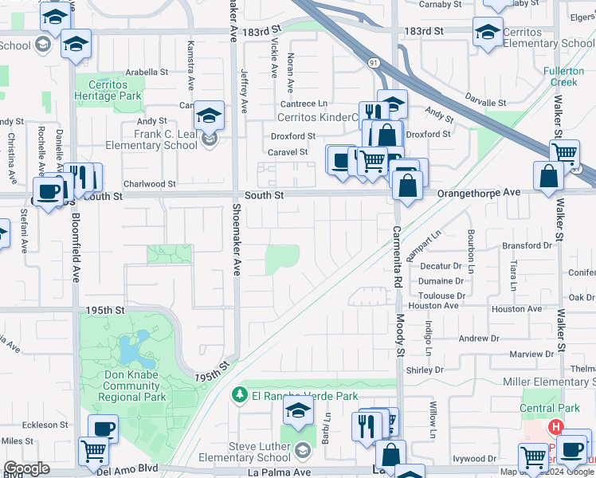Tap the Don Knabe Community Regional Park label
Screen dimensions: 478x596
click(135, 386)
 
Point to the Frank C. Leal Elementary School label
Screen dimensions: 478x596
click(165, 139)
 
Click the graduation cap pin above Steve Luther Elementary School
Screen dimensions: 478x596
click(298, 413)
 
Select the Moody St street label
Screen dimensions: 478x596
click(401, 335)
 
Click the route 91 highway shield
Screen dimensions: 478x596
click(374, 61)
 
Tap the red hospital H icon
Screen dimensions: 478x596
click(555, 428)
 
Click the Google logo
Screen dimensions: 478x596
click(27, 468)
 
